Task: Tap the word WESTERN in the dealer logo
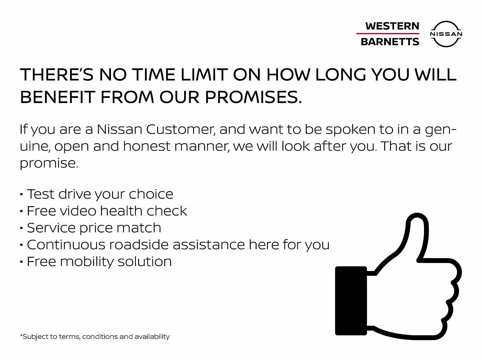point(392,26)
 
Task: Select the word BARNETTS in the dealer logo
point(390,42)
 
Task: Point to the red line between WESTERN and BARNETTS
point(388,34)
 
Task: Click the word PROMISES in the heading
point(253,97)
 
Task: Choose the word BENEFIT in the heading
point(57,97)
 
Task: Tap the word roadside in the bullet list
point(139,245)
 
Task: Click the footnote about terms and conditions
point(95,337)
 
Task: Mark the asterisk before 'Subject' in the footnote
point(21,335)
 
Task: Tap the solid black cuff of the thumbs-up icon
point(351,301)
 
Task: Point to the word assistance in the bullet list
point(209,245)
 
